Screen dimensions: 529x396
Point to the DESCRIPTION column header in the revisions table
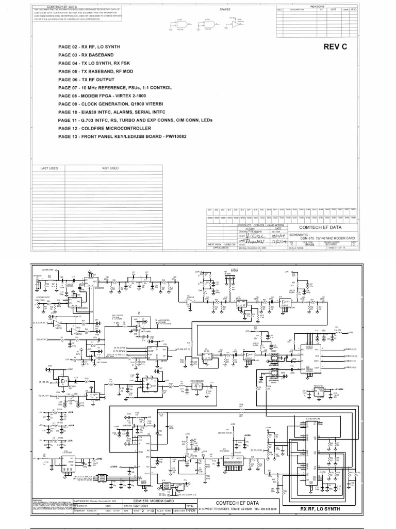point(298,9)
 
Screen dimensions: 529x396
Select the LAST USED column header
point(47,168)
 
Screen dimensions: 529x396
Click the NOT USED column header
point(110,168)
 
